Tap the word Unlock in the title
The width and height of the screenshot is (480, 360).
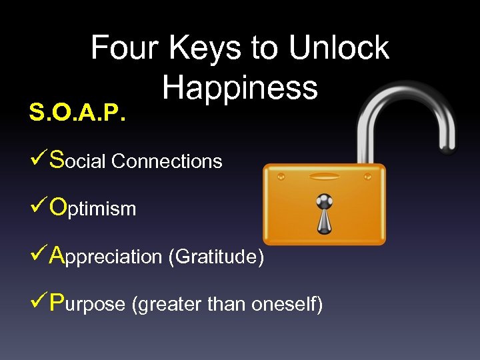coord(339,48)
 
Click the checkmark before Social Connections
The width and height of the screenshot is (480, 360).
coord(38,160)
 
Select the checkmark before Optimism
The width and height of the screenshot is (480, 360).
coord(38,207)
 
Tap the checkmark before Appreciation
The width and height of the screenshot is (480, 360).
coord(38,255)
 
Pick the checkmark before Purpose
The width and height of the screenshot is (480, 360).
coord(38,303)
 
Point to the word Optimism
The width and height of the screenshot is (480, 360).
coord(93,209)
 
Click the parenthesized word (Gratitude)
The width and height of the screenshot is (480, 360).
coord(216,257)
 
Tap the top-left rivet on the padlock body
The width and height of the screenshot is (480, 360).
coord(281,177)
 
